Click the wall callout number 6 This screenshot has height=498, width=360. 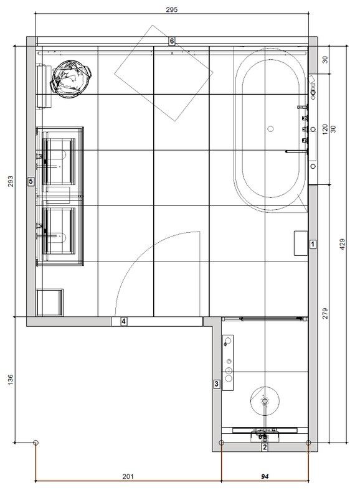172,41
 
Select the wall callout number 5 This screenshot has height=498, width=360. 31,181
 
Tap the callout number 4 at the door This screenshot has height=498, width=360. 123,321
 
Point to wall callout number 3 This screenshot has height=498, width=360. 217,383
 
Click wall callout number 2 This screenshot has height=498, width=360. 265,447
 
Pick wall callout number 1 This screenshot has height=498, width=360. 313,244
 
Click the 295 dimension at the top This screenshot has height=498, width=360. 171,9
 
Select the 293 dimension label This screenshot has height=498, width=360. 11,181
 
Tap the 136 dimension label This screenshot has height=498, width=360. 11,380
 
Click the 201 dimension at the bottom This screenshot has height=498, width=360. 128,476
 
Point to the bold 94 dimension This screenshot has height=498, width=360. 265,476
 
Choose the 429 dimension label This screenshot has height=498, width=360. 342,244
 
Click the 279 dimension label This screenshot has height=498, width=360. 324,314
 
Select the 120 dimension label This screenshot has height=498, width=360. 324,129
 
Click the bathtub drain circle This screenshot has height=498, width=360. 270,129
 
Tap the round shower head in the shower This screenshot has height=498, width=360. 265,401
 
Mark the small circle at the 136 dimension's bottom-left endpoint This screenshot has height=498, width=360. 36,443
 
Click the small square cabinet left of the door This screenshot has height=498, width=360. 50,303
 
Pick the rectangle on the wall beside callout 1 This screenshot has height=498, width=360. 301,243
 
